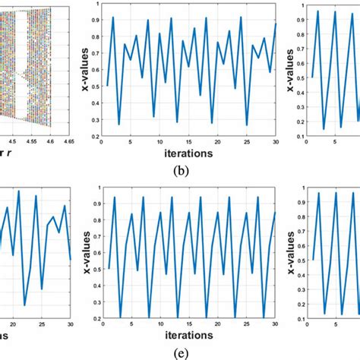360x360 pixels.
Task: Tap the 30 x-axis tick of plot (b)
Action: coord(276,139)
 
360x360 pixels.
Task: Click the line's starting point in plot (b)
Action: coord(107,85)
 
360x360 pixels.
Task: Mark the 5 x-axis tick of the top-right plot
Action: coord(332,139)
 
